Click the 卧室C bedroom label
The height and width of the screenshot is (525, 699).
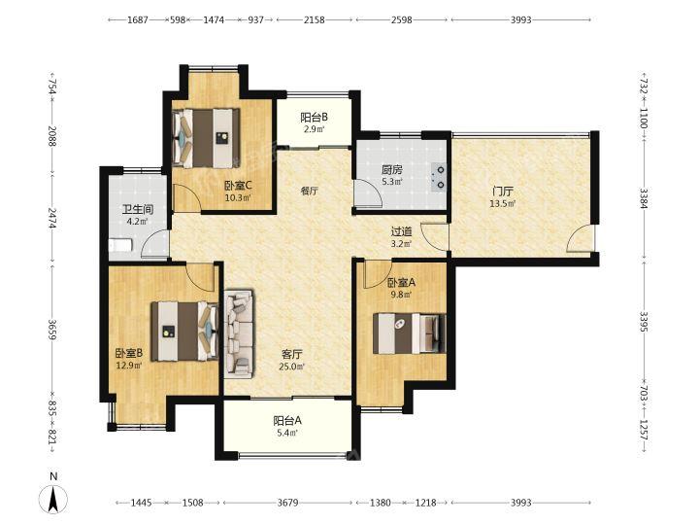239,186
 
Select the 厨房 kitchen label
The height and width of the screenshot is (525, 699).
392,170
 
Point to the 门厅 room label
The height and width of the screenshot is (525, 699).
503,192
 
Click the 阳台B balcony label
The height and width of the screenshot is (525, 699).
314,118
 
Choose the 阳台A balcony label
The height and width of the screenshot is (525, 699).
287,421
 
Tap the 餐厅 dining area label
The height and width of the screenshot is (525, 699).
310,192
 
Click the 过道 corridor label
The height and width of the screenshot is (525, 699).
402,231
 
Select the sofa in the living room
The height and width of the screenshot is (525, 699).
239,333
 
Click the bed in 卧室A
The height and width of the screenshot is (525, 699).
410,333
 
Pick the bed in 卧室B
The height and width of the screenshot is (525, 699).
184,332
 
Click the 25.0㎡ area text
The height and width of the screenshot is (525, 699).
292,367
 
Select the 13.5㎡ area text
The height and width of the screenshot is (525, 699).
503,204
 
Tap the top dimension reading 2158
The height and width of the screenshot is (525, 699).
315,19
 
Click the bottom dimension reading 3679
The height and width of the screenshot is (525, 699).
287,503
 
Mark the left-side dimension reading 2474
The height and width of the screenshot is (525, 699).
53,219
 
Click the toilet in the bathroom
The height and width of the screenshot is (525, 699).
120,246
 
